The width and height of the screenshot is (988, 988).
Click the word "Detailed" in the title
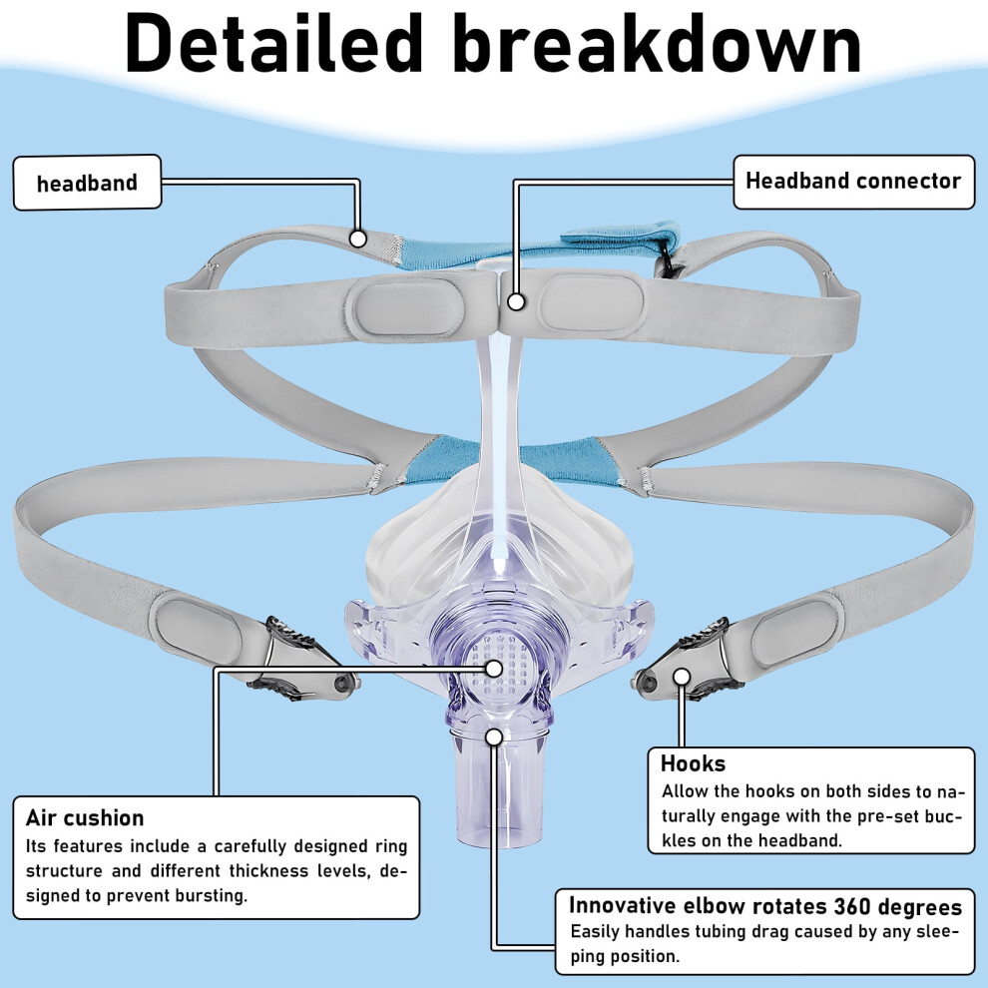[274, 42]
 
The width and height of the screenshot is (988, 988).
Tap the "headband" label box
[87, 183]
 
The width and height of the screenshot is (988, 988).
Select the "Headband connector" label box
[854, 182]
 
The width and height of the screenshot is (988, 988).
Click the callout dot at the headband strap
[358, 239]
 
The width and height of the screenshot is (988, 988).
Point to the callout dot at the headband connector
[516, 301]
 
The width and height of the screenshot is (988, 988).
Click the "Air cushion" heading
[85, 818]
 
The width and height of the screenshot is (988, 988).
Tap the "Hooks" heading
[694, 763]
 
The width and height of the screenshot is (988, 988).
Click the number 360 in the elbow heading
[852, 906]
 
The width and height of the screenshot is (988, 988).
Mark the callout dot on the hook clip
[682, 677]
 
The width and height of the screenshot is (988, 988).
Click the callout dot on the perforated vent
[494, 668]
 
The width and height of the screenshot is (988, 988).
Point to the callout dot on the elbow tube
[495, 737]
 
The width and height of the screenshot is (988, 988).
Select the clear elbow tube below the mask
[498, 781]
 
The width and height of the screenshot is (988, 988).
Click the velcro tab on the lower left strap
[197, 628]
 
